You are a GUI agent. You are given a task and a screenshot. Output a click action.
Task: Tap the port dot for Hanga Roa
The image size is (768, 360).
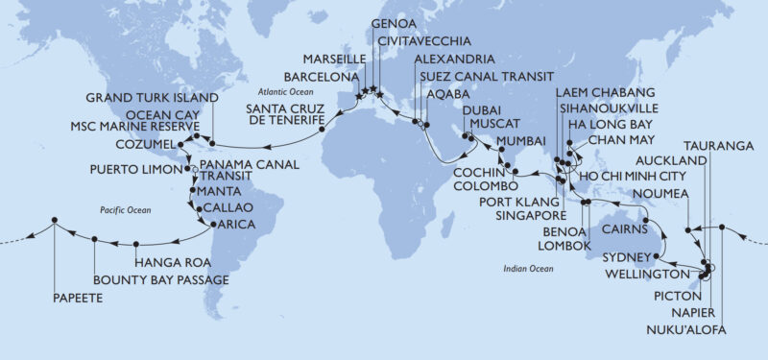click(135, 243)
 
